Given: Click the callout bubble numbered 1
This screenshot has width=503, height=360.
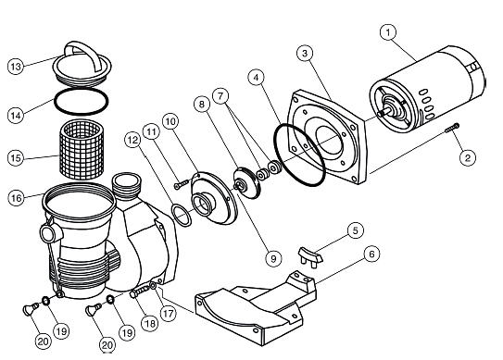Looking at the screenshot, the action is [x=388, y=32].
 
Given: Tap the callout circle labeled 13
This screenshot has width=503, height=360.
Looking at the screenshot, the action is [x=16, y=67].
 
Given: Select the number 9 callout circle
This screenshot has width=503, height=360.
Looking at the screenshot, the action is [x=273, y=258].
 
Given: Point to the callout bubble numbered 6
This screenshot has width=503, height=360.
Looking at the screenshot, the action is [x=372, y=254].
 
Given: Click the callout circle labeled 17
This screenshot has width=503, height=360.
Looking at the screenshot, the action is [x=168, y=314].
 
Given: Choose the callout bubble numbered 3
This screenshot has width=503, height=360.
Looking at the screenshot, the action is [x=305, y=54].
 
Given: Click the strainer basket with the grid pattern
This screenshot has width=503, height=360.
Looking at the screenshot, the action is [x=82, y=150].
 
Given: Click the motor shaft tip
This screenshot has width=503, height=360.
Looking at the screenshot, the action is [x=380, y=114].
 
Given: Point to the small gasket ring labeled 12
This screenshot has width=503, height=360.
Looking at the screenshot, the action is [x=182, y=216].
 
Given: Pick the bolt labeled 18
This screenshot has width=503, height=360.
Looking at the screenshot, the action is [x=140, y=292].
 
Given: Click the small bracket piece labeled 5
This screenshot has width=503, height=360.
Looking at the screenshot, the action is [x=311, y=255].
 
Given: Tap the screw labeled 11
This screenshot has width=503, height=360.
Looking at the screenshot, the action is [x=182, y=184].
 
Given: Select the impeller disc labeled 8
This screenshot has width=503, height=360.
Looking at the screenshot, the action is [x=247, y=182].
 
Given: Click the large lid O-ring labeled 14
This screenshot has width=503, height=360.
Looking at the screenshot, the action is [x=82, y=101].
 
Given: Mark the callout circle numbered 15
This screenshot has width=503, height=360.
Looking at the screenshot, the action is [x=16, y=157].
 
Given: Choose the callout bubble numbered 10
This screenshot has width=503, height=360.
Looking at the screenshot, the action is [x=171, y=122].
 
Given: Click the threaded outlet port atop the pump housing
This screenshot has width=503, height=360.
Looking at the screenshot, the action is [x=126, y=185].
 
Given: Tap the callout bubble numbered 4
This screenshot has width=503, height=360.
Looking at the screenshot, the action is [x=257, y=78].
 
